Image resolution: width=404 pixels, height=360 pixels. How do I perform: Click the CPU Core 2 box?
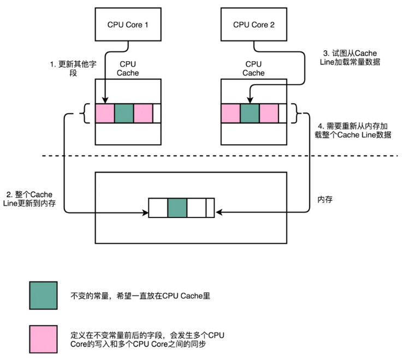click(x=254, y=25)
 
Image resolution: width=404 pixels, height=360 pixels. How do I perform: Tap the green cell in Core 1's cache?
click(x=124, y=113)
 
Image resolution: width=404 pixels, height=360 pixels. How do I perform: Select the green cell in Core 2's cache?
click(x=249, y=113)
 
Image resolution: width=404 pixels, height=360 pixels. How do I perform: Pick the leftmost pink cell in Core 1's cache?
click(x=105, y=113)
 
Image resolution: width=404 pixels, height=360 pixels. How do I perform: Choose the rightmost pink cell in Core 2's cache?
click(x=269, y=113)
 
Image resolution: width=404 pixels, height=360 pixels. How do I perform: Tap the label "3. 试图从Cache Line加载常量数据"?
click(x=349, y=57)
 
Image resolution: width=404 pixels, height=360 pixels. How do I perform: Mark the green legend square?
click(x=44, y=296)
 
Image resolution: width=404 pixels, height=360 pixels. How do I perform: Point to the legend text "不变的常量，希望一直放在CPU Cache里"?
click(x=140, y=296)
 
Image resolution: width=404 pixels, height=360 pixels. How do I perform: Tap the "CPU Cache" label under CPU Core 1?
click(x=128, y=68)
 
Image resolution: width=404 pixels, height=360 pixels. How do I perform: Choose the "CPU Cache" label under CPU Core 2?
click(x=253, y=68)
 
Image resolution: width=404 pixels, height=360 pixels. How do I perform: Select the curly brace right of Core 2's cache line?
click(x=298, y=114)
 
